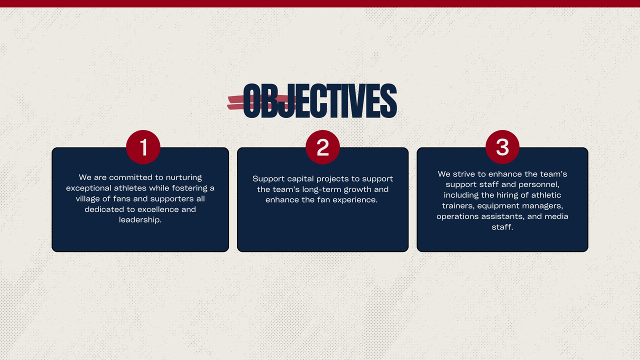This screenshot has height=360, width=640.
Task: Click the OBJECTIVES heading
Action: [x=319, y=100]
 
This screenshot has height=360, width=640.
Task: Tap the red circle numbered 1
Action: [x=143, y=147]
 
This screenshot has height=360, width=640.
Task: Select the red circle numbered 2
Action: [x=322, y=147]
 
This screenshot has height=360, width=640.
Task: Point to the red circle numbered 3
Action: [x=502, y=147]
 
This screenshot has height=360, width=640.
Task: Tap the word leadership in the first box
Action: [x=140, y=220]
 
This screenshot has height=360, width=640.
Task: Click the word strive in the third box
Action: [x=465, y=174]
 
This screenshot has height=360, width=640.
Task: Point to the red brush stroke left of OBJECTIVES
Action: [x=261, y=102]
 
